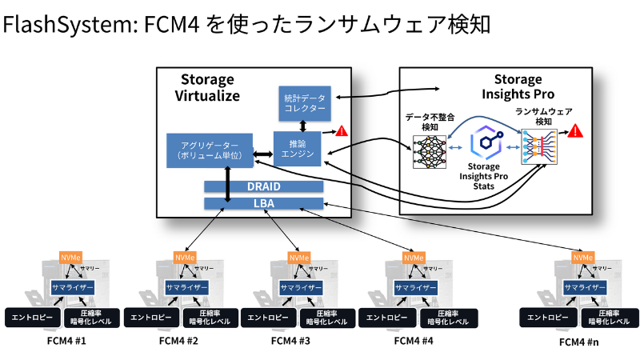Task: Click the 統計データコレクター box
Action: point(305,102)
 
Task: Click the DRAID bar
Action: point(264,186)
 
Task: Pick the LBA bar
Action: point(264,203)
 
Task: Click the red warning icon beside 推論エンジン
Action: point(341,131)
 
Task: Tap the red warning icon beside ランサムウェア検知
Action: point(574,131)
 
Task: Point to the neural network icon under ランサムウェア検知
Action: point(537,149)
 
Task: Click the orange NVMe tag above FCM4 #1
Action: point(70,258)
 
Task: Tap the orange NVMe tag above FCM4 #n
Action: point(582,258)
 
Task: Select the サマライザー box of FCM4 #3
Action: point(300,287)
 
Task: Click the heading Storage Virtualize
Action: point(207,87)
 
